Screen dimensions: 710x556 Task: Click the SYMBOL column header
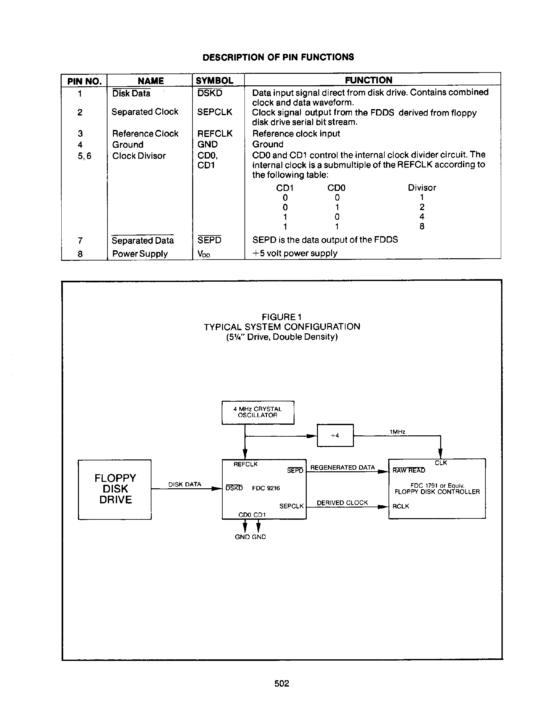pyautogui.click(x=214, y=81)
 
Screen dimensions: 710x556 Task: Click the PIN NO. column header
pyautogui.click(x=84, y=81)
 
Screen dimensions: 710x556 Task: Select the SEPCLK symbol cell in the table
pyautogui.click(x=215, y=112)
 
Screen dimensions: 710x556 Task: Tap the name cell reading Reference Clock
pyautogui.click(x=145, y=133)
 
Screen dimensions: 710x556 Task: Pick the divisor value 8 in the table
pyautogui.click(x=422, y=226)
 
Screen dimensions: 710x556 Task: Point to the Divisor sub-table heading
pyautogui.click(x=422, y=187)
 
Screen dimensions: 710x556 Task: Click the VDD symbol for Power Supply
pyautogui.click(x=204, y=254)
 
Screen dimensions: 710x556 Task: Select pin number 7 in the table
pyautogui.click(x=80, y=241)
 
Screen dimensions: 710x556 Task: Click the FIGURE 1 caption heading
pyautogui.click(x=282, y=317)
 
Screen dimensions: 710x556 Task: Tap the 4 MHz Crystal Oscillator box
pyautogui.click(x=258, y=412)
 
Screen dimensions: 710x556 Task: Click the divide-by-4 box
pyautogui.click(x=335, y=435)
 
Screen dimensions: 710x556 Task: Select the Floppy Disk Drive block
pyautogui.click(x=115, y=489)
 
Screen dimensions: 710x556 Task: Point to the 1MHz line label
pyautogui.click(x=397, y=432)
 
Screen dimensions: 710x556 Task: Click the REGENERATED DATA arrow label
pyautogui.click(x=342, y=467)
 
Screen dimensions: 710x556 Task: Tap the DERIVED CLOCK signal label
pyautogui.click(x=342, y=503)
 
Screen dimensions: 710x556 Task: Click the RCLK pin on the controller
pyautogui.click(x=401, y=506)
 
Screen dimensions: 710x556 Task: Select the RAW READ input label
pyautogui.click(x=408, y=470)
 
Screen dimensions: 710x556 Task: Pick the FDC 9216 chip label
pyautogui.click(x=266, y=488)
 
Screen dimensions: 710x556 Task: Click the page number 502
pyautogui.click(x=282, y=683)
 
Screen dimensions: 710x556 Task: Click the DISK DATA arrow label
pyautogui.click(x=184, y=484)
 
